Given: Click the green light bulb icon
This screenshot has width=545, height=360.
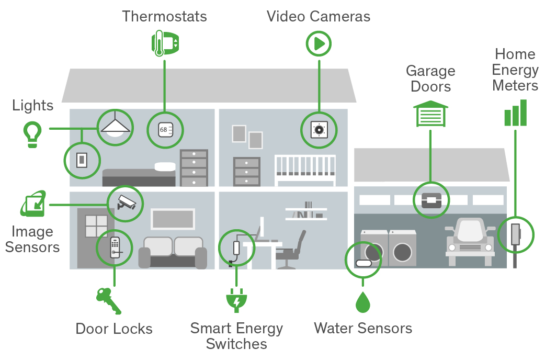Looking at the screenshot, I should click(32, 133).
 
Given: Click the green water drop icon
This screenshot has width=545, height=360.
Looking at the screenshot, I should click(362, 302).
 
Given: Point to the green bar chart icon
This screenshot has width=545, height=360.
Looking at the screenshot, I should click(515, 113).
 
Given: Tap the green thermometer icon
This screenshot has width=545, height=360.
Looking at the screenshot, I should click(159, 43).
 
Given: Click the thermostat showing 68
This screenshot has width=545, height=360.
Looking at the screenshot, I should click(165, 129).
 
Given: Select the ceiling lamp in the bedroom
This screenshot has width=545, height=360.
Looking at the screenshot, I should click(116, 127).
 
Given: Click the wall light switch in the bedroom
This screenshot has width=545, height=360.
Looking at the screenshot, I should click(82, 159).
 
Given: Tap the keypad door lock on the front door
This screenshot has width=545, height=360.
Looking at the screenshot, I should click(115, 248).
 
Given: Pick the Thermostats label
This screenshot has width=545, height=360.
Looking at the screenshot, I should click(164, 16).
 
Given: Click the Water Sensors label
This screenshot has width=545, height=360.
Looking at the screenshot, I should click(362, 328).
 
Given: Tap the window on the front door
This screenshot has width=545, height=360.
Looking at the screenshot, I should click(96, 226).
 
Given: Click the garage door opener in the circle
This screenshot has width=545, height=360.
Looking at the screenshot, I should click(431, 199).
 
